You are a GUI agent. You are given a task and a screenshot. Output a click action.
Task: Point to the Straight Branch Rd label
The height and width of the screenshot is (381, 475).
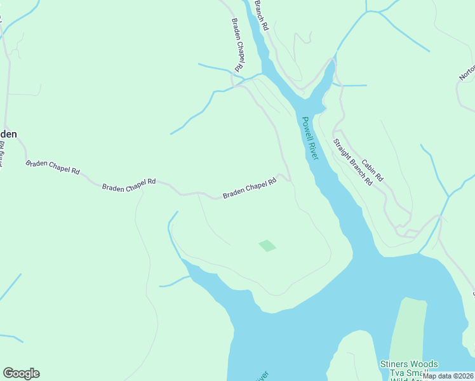[352, 162]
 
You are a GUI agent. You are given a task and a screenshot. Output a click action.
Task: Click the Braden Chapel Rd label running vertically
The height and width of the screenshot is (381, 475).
[237, 44]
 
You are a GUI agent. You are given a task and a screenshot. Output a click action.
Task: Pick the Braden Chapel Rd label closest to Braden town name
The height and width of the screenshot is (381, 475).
[53, 167]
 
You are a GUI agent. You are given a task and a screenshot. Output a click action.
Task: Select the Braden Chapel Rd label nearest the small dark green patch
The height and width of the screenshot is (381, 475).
[250, 189]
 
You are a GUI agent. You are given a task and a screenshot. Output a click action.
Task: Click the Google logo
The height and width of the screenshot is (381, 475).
[21, 373]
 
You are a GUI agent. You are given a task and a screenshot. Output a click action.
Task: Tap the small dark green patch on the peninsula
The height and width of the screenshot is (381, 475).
[267, 245]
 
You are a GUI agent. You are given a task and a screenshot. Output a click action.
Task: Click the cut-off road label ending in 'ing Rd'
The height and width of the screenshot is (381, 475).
[2, 159]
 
